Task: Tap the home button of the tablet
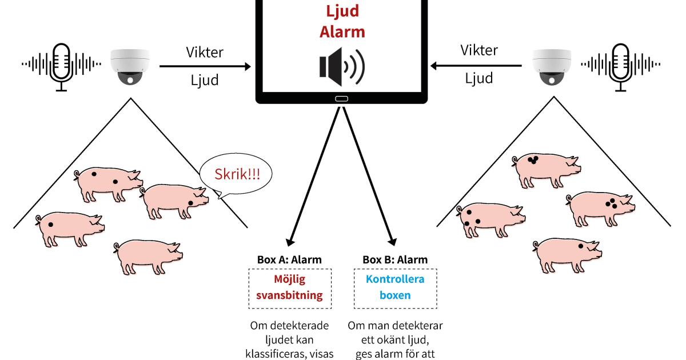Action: pos(341,99)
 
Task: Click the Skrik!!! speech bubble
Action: pos(236,174)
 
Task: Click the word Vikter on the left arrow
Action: pos(205,52)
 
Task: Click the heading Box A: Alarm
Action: pos(290,259)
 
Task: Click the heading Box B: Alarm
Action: pos(395,259)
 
